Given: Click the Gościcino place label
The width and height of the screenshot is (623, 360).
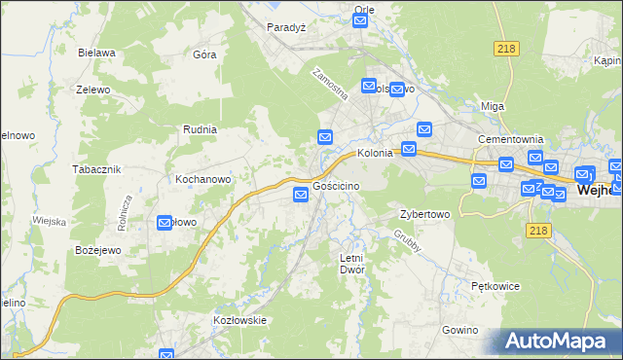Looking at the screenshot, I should click(337, 185).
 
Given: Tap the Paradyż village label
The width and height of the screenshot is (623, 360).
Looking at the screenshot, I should click(286, 27).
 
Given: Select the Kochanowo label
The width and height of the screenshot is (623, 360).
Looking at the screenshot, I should click(202, 179).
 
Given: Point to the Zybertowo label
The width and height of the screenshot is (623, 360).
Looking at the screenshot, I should click(425, 214).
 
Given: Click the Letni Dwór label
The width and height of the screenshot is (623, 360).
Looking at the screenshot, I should click(350, 264).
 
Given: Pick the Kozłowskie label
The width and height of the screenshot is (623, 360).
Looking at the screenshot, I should click(240, 319).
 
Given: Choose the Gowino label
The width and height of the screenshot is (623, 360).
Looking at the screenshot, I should click(460, 330).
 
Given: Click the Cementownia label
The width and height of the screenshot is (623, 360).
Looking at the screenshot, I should click(509, 139).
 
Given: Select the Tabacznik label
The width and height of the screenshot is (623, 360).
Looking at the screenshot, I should click(95, 168).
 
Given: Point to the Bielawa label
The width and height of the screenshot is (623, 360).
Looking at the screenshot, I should click(98, 53).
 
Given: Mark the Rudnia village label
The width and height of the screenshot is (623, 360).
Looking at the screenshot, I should click(199, 128).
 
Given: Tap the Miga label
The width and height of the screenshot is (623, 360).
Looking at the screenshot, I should click(493, 106).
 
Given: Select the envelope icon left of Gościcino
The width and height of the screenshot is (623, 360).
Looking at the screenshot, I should click(301, 197).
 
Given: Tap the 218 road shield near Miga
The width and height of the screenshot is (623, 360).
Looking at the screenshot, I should click(505, 50).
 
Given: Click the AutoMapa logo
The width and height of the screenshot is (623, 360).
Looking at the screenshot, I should click(561, 341).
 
